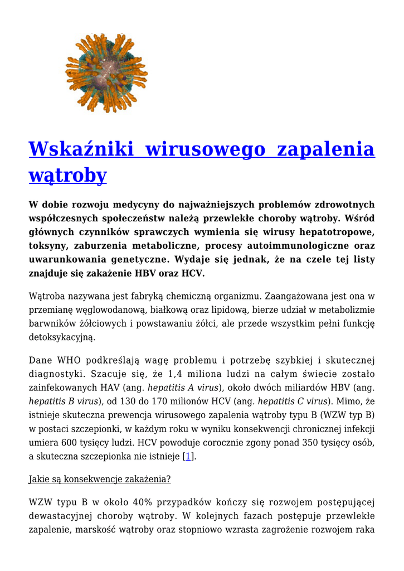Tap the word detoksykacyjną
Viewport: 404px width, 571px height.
(62, 337)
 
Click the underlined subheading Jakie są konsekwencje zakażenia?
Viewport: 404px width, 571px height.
(100, 480)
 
